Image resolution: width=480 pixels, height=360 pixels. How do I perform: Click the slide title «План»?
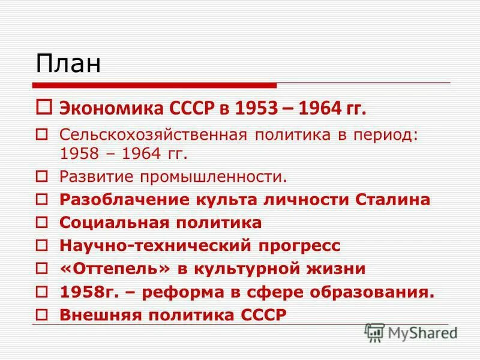click(x=67, y=63)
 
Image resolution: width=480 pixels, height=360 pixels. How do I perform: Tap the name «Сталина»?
click(x=399, y=200)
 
